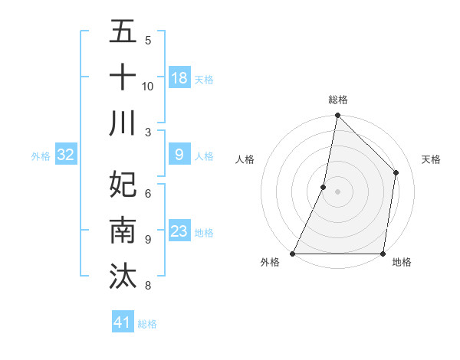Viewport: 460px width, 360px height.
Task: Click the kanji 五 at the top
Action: coord(123,32)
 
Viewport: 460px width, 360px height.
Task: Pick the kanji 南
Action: coord(123,231)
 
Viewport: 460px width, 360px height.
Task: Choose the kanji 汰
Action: coord(123,277)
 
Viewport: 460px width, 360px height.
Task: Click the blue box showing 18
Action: coord(179,77)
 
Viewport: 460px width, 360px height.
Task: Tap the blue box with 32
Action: coord(65,155)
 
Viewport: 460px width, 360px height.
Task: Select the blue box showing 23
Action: coord(179,231)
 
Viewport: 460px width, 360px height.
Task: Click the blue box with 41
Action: coord(123,322)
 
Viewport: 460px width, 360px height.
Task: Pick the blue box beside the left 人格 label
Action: coord(179,155)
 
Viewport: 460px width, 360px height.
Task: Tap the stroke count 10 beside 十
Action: coord(148,86)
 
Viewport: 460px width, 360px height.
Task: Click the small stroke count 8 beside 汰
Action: coord(147,286)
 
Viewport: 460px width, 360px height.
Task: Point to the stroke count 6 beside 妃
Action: coord(147,193)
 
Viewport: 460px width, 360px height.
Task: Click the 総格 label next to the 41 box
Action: coord(147,324)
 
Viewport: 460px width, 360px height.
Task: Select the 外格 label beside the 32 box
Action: coord(41,156)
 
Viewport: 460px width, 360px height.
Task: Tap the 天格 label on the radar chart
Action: coord(432,159)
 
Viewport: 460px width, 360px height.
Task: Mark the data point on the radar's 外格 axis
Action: coord(293,254)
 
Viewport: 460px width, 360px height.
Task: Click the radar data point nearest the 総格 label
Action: coord(337,116)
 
